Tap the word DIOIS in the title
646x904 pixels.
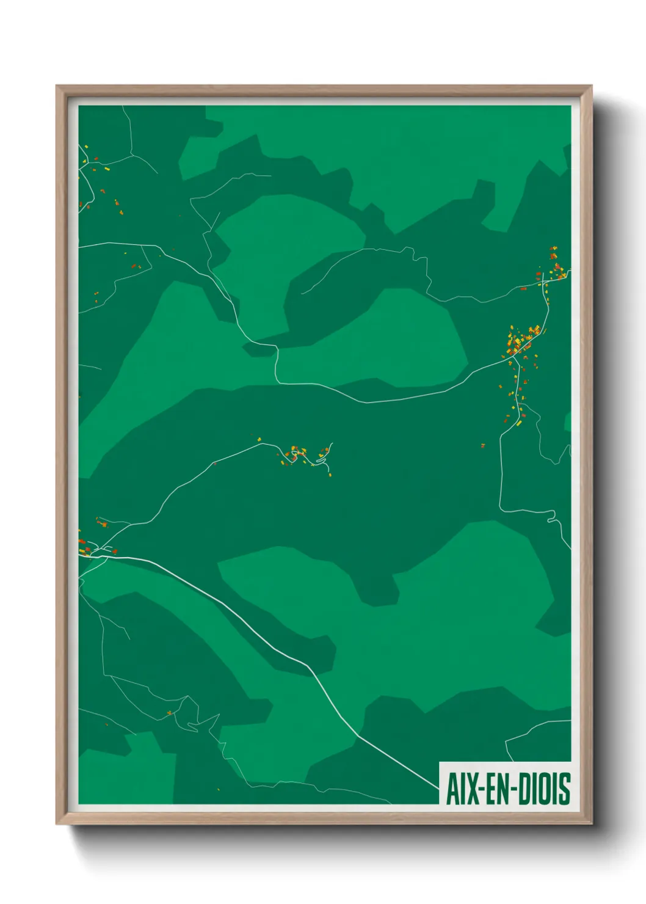click(x=545, y=789)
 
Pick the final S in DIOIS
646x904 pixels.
click(x=565, y=789)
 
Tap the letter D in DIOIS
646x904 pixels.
click(x=527, y=789)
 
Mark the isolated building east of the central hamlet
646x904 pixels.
click(x=483, y=445)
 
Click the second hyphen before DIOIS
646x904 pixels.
click(x=516, y=790)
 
